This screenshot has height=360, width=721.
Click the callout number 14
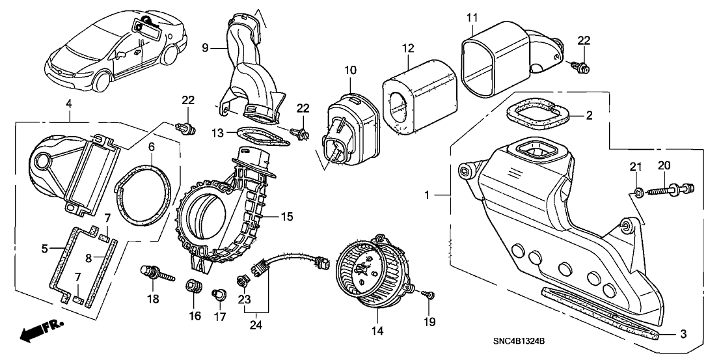[374, 331]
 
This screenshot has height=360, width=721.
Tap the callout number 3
[683, 335]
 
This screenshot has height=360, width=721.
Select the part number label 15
[287, 215]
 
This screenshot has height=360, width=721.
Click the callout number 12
[408, 49]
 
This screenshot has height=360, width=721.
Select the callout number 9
[205, 48]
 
